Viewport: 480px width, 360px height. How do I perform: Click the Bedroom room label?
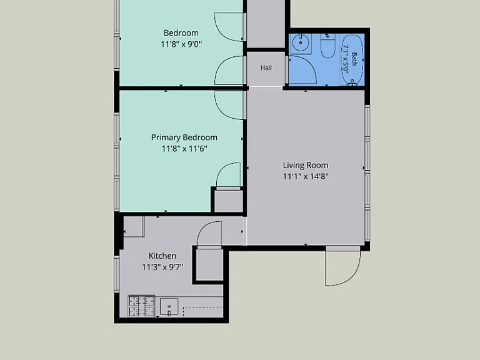pos(181,33)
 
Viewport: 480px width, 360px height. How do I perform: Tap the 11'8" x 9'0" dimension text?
pos(181,44)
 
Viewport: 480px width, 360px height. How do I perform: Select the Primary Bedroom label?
pos(184,137)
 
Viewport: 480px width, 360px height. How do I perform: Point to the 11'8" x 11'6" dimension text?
pos(184,149)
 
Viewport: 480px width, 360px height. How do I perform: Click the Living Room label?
pos(306,165)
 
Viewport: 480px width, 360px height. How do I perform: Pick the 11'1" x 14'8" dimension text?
pos(306,176)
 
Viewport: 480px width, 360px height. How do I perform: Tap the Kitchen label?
pos(162,256)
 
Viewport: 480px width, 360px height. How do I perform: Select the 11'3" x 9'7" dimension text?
pos(162,267)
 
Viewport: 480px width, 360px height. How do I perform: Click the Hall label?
pos(266,68)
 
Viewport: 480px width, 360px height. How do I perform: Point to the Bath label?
pos(354,59)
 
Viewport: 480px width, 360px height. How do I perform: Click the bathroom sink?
pos(300,44)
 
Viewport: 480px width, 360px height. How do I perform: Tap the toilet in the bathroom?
pos(328,46)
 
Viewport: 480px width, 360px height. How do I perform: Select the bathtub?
pos(352,59)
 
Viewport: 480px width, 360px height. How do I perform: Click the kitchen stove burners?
pos(141,306)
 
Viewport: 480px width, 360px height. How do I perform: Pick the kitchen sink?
pos(169,306)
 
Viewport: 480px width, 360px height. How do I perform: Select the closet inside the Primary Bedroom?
pos(228,201)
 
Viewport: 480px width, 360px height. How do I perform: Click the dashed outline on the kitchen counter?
pos(202,311)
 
